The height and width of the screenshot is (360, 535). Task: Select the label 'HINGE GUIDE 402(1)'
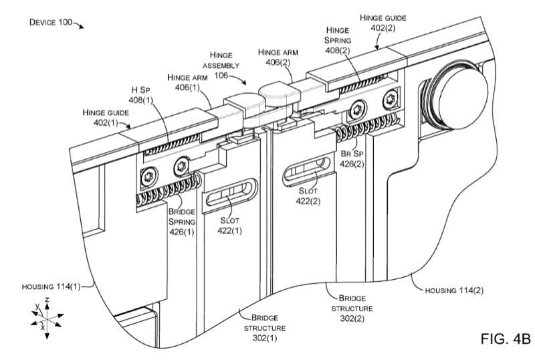click(106, 118)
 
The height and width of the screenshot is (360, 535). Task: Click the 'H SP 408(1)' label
click(140, 95)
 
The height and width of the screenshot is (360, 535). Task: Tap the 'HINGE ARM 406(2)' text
click(277, 57)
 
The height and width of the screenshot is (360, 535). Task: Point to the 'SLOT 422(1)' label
click(229, 226)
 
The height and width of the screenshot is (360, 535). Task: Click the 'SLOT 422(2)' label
click(308, 197)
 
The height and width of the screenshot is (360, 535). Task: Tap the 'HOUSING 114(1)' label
click(50, 287)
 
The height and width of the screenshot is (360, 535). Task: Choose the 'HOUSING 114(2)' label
click(453, 290)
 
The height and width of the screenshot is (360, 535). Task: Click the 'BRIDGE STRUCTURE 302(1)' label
click(264, 328)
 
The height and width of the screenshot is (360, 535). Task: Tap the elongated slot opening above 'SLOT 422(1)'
click(229, 194)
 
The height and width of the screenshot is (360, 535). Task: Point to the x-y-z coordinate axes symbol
click(47, 316)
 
